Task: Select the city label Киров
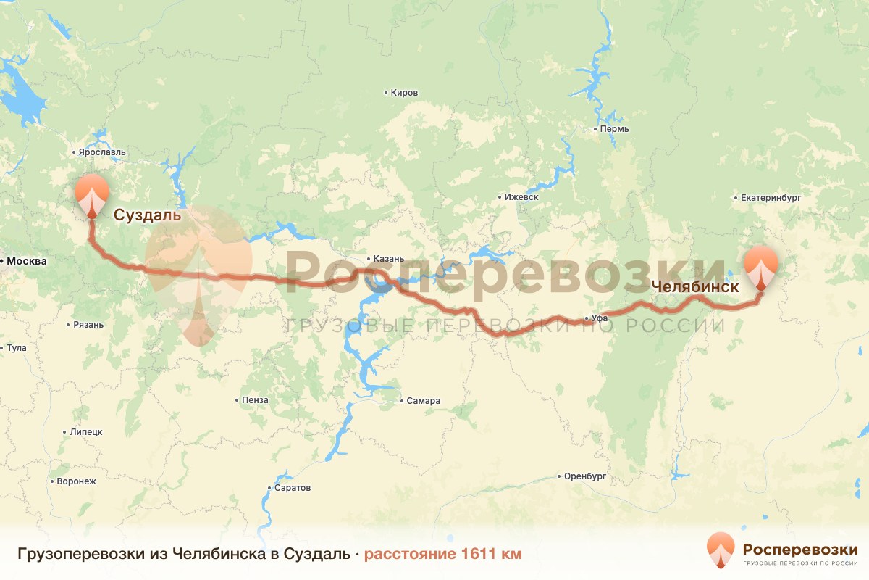(x=404, y=93)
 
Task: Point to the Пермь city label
(x=615, y=129)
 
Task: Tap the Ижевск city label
(x=522, y=197)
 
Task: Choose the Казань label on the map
(x=390, y=258)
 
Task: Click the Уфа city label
(x=598, y=318)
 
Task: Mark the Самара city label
(x=424, y=401)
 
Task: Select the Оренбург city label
(x=585, y=476)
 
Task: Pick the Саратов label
(x=293, y=488)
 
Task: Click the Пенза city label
(x=256, y=400)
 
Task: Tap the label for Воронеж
(x=75, y=481)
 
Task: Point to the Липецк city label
(x=86, y=431)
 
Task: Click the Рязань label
(x=88, y=324)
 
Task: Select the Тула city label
(x=16, y=348)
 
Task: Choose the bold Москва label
(x=27, y=261)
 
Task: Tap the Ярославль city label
(x=101, y=152)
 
